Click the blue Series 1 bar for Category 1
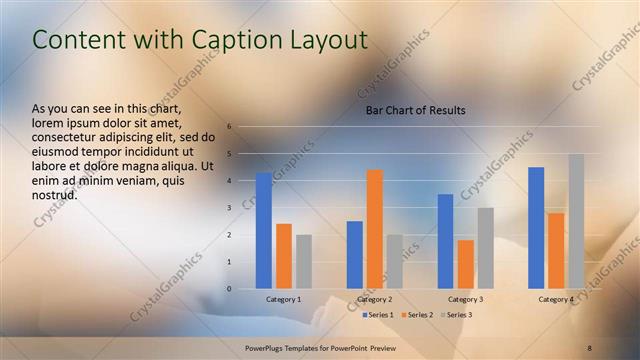(263, 231)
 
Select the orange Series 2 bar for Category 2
(375, 229)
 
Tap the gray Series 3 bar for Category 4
(576, 221)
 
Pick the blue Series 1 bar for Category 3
(445, 241)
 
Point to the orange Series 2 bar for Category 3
(465, 264)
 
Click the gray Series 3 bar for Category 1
(303, 262)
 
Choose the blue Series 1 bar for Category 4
(536, 228)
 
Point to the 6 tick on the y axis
(230, 127)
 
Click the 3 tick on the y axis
(230, 208)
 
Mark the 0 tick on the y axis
(230, 289)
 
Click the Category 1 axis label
(283, 300)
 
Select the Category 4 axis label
(556, 300)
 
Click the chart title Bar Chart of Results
(415, 110)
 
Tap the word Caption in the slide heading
(237, 40)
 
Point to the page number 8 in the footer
(590, 347)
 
